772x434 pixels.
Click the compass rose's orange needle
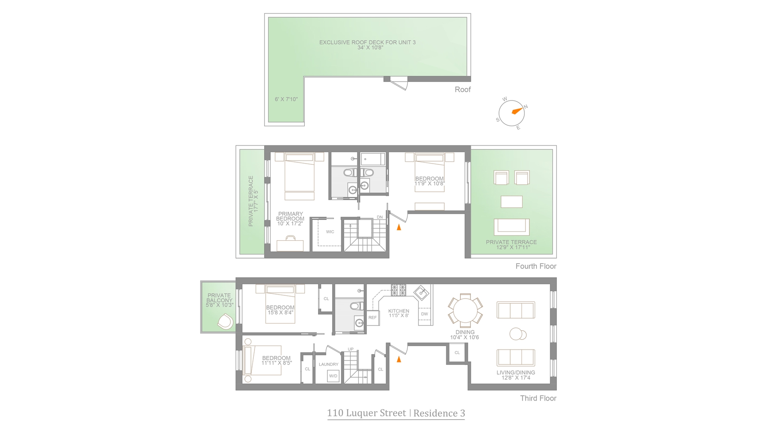tap(516, 111)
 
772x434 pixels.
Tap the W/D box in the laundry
tap(333, 376)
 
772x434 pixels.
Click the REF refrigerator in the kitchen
tap(373, 317)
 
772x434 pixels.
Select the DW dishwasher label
tap(425, 314)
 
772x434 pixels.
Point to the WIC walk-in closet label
tap(330, 232)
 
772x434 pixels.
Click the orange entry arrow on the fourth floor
tap(399, 227)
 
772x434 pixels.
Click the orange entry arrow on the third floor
tap(399, 359)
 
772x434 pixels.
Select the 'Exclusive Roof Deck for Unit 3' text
tap(368, 42)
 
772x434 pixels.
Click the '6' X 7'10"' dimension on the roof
tap(286, 99)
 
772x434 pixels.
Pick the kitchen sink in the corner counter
tap(422, 292)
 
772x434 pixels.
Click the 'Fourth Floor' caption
tap(536, 266)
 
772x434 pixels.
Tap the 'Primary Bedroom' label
tap(290, 217)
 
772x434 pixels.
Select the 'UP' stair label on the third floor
tap(351, 349)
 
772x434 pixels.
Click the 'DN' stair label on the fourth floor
tap(380, 217)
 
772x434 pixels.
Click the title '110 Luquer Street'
tap(366, 413)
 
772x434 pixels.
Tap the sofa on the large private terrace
tap(511, 227)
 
